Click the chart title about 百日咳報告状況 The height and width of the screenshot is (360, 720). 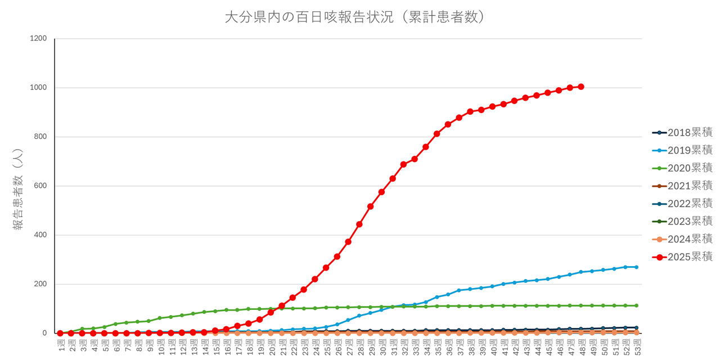355,17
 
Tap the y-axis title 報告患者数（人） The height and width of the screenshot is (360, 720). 18,188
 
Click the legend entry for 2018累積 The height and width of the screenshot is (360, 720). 682,133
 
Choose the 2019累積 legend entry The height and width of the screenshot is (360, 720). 682,150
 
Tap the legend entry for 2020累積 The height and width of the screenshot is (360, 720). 682,168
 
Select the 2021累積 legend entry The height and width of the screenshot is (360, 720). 682,186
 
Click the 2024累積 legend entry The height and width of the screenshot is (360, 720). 682,238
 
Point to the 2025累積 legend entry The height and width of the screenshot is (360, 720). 682,256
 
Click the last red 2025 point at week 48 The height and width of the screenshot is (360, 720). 580,87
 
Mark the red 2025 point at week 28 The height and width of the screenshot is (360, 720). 359,224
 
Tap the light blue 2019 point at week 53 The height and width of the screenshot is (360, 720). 636,267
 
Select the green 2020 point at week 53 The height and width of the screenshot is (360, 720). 636,305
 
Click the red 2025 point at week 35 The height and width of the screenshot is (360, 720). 436,134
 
